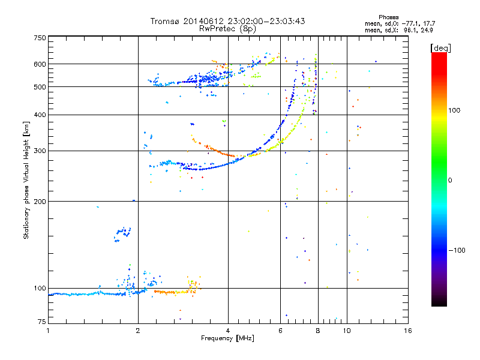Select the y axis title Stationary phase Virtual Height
pos(26,180)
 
